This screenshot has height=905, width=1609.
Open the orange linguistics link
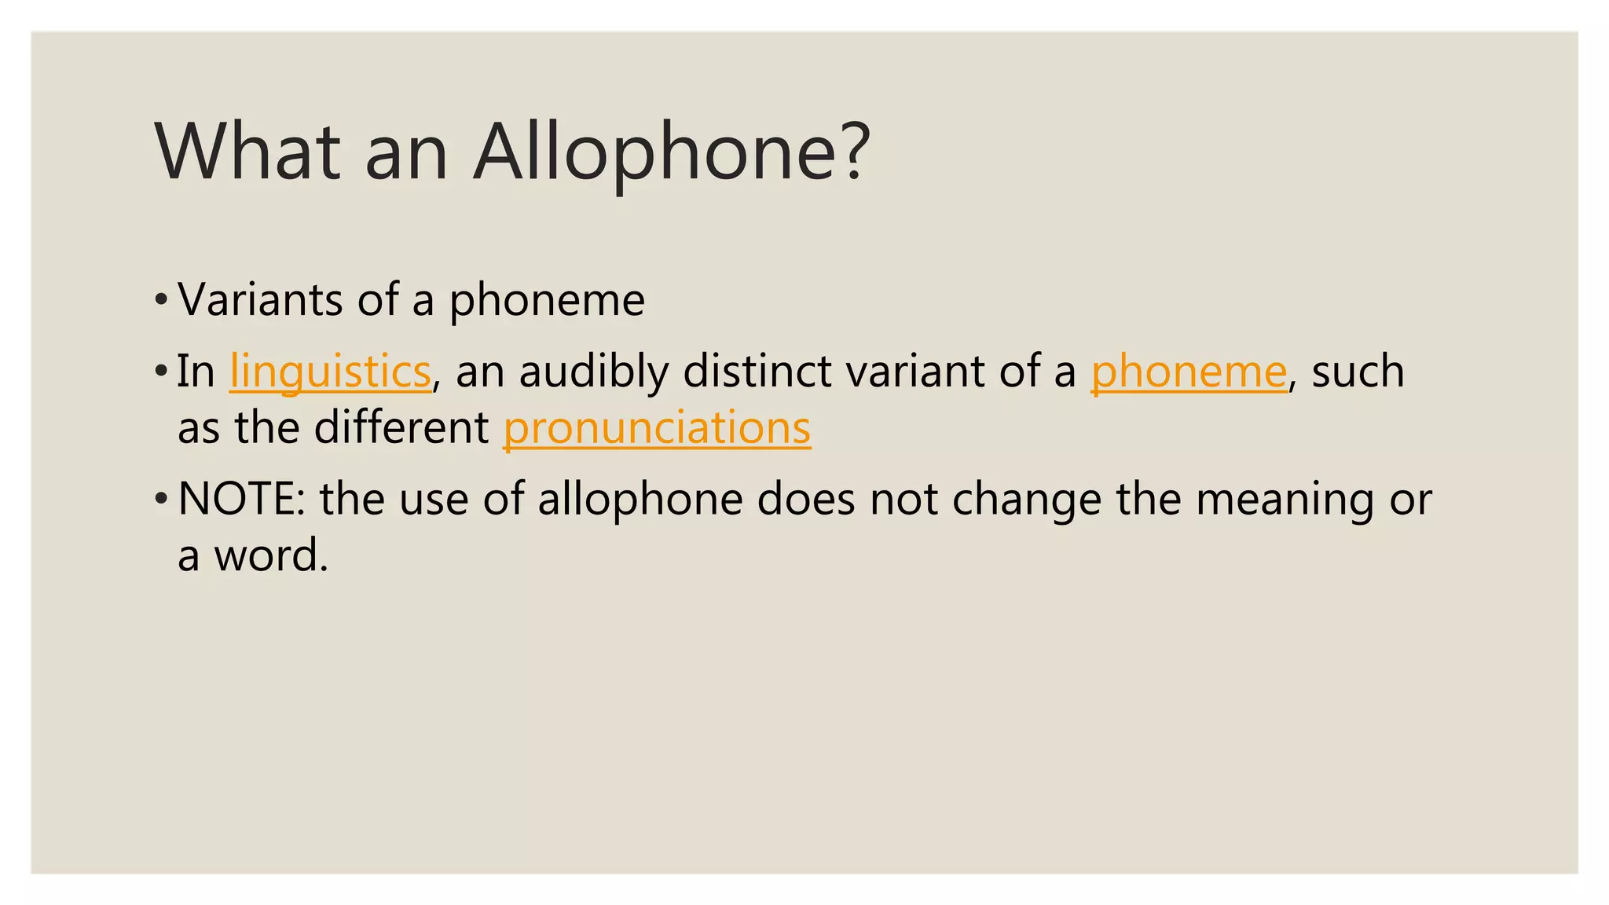coord(330,371)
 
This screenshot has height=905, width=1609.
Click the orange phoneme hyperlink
coord(1189,371)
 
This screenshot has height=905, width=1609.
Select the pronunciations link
coord(657,428)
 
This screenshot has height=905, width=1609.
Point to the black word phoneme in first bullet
coord(547,301)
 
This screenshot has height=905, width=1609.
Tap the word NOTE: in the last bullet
coord(241,499)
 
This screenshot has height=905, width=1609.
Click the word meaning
coord(1285,500)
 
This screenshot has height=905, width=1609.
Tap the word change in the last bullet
coord(1027,500)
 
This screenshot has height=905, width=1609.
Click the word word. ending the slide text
coord(271,555)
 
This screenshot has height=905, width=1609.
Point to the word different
coord(401,428)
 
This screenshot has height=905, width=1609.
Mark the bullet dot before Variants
coord(161,299)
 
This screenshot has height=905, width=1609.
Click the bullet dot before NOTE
coord(161,499)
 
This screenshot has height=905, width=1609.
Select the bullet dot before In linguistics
coord(161,371)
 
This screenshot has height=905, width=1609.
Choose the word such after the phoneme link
coord(1358,371)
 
